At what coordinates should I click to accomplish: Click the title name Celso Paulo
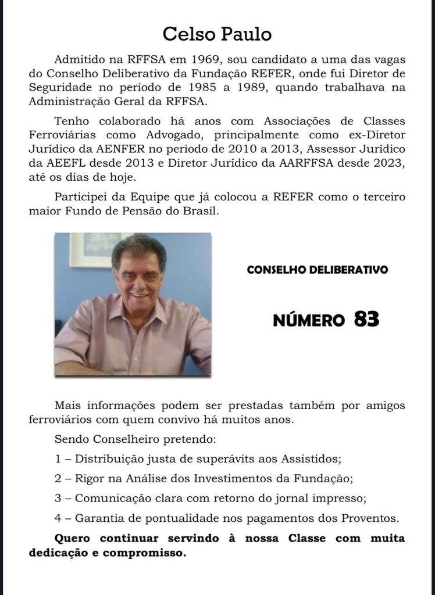coord(217,34)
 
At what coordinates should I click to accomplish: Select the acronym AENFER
coord(144,149)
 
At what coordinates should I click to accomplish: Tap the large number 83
coord(366,319)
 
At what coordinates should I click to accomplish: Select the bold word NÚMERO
coord(308,320)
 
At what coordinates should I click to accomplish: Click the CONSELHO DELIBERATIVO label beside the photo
coord(318,270)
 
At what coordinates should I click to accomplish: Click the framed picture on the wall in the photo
coord(93,249)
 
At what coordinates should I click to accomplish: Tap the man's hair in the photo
coord(138,247)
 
